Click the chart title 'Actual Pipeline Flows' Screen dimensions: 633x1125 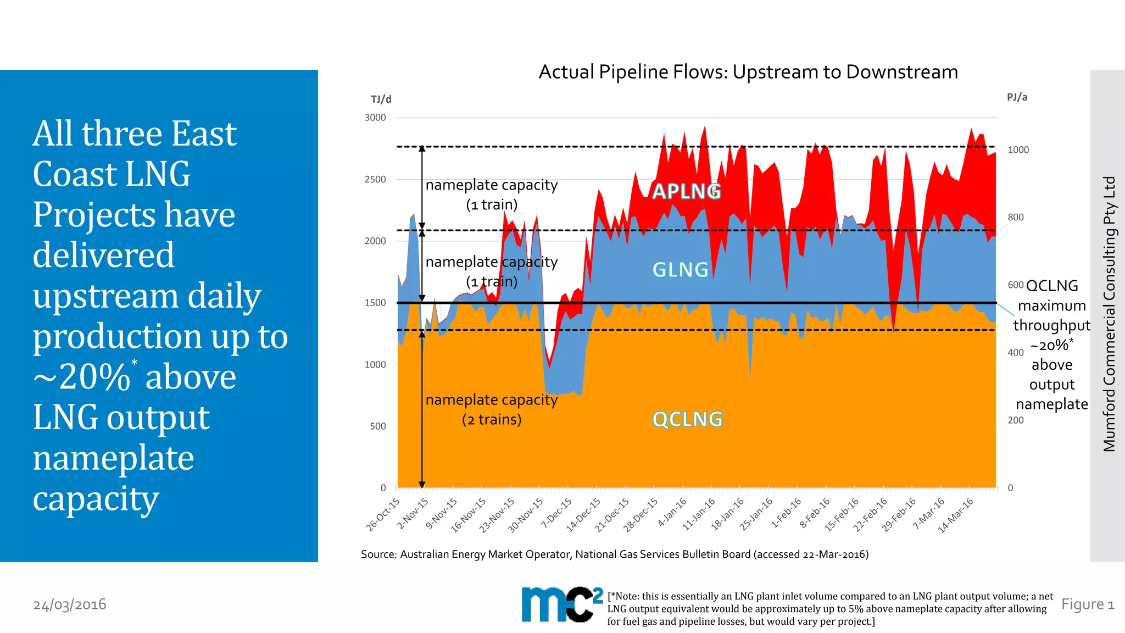[x=748, y=72]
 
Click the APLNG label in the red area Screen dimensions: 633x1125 [x=686, y=191]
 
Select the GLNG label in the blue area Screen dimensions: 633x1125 [x=680, y=270]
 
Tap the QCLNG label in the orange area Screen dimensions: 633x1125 [x=687, y=419]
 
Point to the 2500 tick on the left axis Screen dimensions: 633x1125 [x=375, y=179]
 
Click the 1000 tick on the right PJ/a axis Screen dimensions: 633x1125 [x=1018, y=150]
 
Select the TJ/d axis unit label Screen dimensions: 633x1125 [x=381, y=99]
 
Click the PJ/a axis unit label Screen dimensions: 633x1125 [x=1017, y=97]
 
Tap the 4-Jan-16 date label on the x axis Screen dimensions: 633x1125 [x=672, y=512]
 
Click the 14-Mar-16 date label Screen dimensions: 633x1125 [x=955, y=515]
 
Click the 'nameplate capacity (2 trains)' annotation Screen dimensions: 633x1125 [x=492, y=409]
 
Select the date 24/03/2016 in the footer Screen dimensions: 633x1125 [x=70, y=604]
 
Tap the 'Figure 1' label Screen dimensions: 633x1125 [x=1087, y=604]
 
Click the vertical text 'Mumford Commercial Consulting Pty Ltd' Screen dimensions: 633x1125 [x=1109, y=314]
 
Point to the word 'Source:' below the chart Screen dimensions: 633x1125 [x=378, y=554]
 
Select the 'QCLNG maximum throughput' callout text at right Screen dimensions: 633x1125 [x=1051, y=306]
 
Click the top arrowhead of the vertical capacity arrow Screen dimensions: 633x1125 [x=422, y=148]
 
